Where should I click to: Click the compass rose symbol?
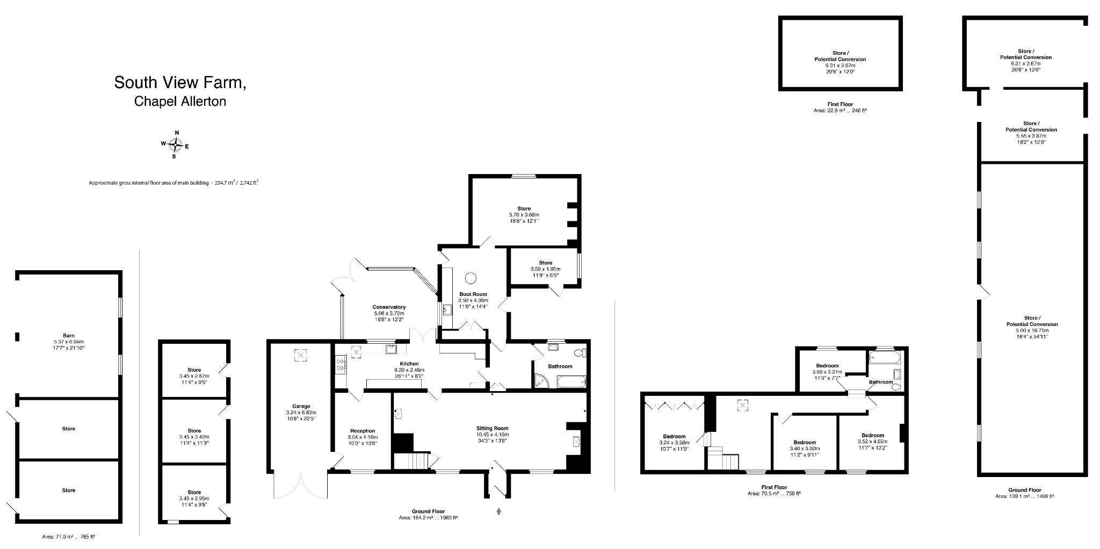coord(175,144)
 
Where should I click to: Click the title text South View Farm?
coord(180,83)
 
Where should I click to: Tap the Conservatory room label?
coord(389,307)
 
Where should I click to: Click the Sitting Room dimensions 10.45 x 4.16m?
coord(492,435)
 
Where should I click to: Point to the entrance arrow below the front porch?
coord(498,511)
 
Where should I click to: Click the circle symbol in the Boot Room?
coord(471,278)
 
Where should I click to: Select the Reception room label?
coord(363,431)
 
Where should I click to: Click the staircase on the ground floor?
coord(412,460)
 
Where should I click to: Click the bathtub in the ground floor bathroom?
coord(571,382)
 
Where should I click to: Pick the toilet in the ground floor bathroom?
coord(579,353)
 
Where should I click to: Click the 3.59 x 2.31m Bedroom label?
coord(827,366)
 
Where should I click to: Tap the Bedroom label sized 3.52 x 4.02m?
coord(873,435)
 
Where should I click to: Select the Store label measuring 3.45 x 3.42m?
coord(194,431)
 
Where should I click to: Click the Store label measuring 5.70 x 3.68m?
coord(524,208)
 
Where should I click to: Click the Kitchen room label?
coord(409,364)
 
